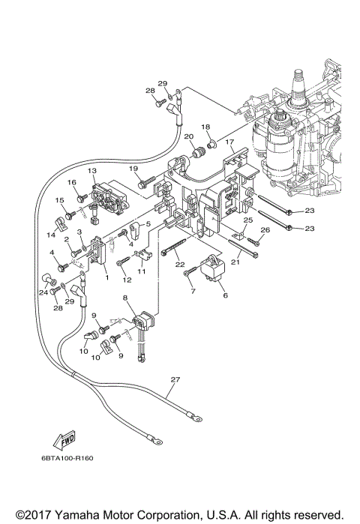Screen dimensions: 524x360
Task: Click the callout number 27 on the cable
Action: click(175, 380)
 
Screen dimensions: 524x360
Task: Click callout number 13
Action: click(92, 172)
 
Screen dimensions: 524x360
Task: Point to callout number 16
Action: click(73, 182)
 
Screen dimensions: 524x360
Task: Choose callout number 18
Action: click(205, 127)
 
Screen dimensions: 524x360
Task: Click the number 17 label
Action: click(230, 141)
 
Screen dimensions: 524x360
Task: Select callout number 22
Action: click(179, 265)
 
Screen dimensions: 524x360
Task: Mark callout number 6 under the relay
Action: click(224, 296)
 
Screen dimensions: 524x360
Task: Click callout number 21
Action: click(234, 262)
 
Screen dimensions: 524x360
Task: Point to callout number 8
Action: click(126, 298)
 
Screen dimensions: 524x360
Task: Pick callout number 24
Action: click(42, 292)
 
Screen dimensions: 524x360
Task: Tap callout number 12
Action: click(127, 280)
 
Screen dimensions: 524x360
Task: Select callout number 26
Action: click(265, 230)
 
